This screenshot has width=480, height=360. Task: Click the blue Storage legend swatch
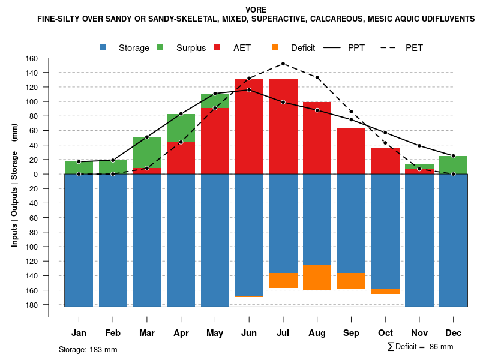coord(103,47)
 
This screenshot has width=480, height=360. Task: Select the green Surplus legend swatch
coord(161,47)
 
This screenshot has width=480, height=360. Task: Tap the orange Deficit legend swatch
coord(275,47)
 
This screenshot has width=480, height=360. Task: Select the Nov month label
coord(419,333)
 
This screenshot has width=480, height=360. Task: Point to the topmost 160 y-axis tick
coord(32,59)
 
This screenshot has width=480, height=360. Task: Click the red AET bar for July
coord(283,126)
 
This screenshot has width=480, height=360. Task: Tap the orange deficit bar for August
coord(317,277)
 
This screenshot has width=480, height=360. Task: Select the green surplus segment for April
coord(181,128)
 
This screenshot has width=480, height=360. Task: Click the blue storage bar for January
coord(79,240)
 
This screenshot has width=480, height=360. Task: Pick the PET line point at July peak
coord(283,64)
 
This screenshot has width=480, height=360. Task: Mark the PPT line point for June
coord(249,90)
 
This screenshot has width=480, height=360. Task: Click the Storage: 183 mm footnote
coord(88,349)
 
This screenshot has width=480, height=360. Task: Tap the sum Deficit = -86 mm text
coord(420,347)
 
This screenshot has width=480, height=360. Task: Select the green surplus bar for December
coord(454,165)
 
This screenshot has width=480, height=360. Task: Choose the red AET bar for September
coord(351,151)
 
